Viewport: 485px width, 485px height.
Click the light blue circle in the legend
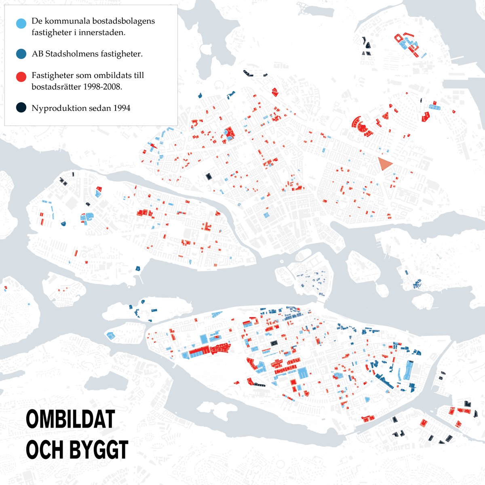point(21,23)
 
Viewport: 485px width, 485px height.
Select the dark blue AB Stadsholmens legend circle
point(21,53)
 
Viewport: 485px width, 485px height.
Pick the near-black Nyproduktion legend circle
point(21,108)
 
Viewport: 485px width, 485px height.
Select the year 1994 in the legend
point(121,108)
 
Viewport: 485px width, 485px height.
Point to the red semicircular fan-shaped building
point(360,125)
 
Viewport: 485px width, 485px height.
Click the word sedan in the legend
point(99,108)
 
